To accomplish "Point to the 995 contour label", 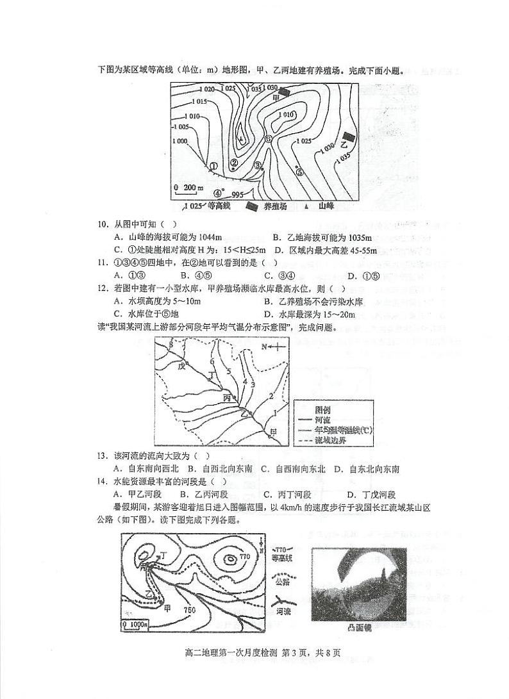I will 237,195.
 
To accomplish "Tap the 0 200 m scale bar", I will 187,188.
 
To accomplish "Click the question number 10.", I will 101,224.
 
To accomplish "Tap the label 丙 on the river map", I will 227,398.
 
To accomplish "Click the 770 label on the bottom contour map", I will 244,557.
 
